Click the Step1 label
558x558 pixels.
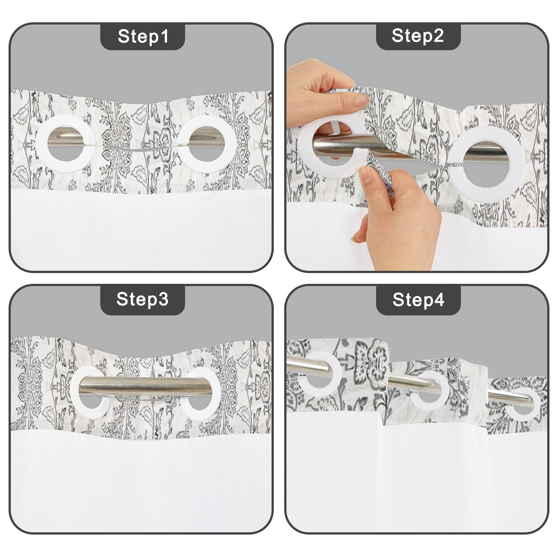(143, 36)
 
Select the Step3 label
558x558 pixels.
(142, 299)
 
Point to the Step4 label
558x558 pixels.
(418, 299)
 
